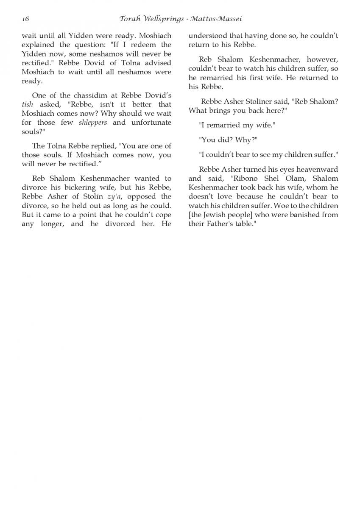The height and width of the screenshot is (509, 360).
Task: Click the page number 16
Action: pos(25,19)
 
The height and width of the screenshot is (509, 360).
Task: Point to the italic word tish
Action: pos(27,104)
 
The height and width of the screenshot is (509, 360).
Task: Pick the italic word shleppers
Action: pos(93,123)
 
